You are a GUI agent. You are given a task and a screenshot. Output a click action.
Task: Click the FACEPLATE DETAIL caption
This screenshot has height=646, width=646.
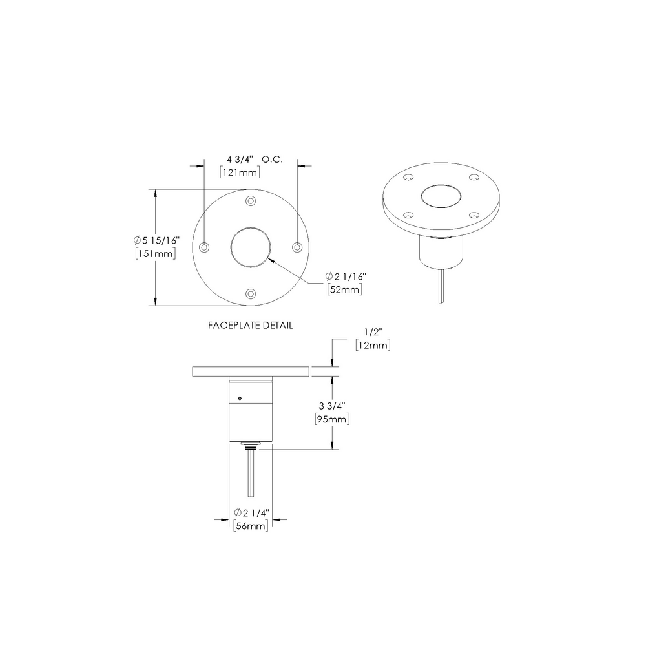[x=250, y=326]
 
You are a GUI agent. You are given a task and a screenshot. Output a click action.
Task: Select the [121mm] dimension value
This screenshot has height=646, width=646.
[x=239, y=172]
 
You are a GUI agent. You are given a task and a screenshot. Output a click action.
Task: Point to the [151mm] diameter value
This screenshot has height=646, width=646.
[x=155, y=254]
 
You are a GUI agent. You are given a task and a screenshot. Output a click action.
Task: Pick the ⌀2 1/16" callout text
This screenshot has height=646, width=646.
[x=346, y=276]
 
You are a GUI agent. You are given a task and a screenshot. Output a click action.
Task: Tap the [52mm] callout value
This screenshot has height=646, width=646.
[x=344, y=289]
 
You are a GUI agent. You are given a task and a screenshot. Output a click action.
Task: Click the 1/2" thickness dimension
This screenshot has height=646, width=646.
[x=373, y=332]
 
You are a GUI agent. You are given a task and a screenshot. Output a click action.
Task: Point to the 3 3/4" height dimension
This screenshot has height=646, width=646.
[x=332, y=406]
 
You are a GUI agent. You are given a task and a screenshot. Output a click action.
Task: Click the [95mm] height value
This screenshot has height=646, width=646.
[x=332, y=419]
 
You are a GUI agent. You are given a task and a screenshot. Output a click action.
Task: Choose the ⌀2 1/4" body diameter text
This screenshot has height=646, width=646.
[x=250, y=514]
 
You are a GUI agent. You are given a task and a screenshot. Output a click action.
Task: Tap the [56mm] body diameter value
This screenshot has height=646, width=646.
[x=250, y=526]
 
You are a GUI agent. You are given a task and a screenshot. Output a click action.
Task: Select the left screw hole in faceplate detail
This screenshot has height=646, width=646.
[x=205, y=247]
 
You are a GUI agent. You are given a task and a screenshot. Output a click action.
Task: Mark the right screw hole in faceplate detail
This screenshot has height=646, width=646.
[x=297, y=247]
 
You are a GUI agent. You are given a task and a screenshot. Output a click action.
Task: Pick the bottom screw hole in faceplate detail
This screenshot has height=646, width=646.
[x=251, y=294]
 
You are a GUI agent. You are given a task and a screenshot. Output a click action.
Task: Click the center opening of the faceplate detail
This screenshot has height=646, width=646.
[x=251, y=247]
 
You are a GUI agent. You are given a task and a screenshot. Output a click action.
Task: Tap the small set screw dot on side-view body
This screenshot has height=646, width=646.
[x=240, y=397]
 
